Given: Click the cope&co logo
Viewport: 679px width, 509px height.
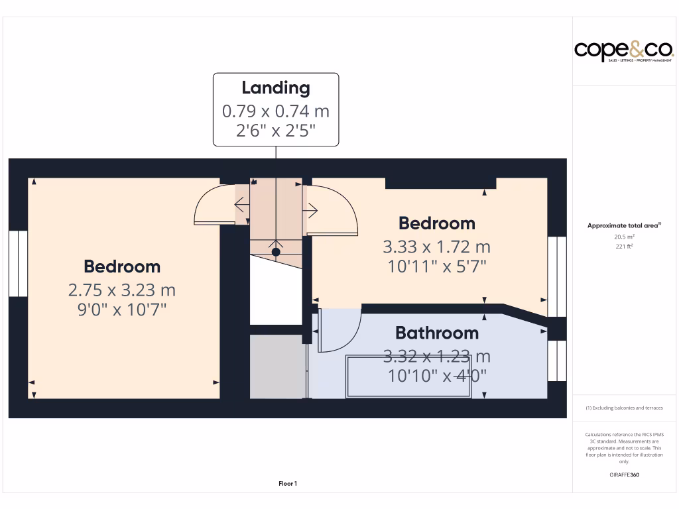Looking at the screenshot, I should pos(623,50).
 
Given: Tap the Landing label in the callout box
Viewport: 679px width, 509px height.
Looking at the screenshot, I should pos(275,87).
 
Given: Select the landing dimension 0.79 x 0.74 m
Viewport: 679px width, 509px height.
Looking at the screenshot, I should pos(275,110).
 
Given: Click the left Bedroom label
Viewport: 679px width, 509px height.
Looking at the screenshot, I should pos(122,266).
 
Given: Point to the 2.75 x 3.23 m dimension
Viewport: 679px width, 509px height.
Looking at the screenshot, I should pos(122,290).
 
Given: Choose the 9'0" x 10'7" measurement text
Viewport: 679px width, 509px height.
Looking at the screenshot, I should pos(122,309).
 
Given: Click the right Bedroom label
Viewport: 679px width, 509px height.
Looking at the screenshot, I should pos(436,223).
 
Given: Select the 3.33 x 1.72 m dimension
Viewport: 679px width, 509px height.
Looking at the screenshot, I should pos(436,247).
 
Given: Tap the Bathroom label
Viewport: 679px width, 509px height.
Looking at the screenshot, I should pos(436,333).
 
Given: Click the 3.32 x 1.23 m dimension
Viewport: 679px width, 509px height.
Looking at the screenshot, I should pos(436,357).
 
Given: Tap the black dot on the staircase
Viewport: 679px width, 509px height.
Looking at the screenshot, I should pos(276,252).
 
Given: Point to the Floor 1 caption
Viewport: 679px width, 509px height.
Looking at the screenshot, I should pos(288,484).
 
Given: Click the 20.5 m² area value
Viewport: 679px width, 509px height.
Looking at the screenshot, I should pos(624,237).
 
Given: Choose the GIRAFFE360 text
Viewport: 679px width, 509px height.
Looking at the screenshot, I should pos(624,475).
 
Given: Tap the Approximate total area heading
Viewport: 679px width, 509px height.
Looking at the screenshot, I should pos(624,226).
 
